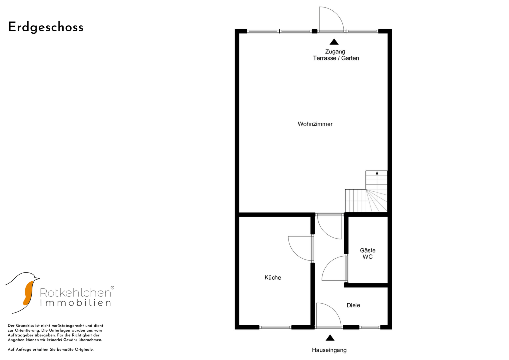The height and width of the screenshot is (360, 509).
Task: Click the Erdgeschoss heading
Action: coord(46,27)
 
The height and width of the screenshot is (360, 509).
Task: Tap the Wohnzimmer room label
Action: coord(315,124)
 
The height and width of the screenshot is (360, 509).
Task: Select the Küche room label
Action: coord(273,277)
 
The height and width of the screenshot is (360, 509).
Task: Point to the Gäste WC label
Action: coord(367,253)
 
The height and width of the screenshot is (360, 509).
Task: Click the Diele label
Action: coord(353,305)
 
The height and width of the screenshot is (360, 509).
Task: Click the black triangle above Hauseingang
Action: coord(330,338)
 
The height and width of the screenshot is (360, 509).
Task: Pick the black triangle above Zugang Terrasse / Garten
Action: coord(334,42)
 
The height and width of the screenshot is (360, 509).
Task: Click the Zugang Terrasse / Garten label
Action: coord(336,55)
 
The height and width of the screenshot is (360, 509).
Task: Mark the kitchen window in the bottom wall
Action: coord(275,327)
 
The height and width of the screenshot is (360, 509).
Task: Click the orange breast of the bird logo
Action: coord(28,293)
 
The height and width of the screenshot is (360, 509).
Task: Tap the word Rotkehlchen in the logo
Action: coord(75,293)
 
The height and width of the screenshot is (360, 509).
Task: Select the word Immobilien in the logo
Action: coord(75,303)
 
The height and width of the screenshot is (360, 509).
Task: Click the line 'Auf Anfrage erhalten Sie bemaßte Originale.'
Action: coord(51,350)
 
